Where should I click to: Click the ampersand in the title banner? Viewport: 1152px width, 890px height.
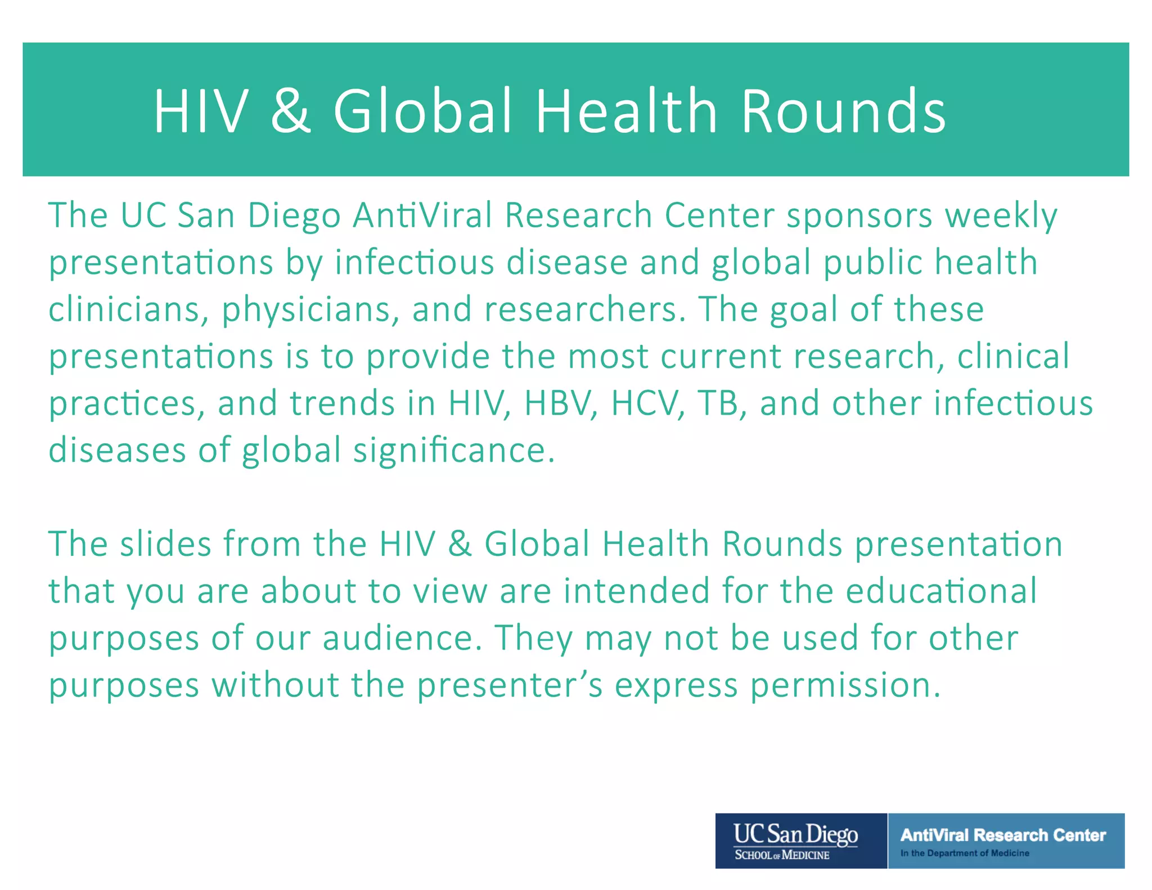click(x=290, y=111)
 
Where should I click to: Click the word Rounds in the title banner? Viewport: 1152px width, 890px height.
click(x=843, y=111)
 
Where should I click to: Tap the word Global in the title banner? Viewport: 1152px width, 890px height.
click(x=422, y=111)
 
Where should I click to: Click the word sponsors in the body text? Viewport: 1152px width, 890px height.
click(x=859, y=215)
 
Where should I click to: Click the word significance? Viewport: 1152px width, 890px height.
click(x=453, y=451)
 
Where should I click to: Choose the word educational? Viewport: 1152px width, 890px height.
click(x=941, y=591)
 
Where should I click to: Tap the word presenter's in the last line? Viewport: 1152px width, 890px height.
click(x=510, y=686)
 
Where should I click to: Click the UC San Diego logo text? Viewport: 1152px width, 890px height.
click(x=795, y=834)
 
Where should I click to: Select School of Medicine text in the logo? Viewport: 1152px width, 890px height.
click(x=782, y=855)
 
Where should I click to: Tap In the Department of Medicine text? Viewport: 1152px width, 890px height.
click(x=965, y=853)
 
